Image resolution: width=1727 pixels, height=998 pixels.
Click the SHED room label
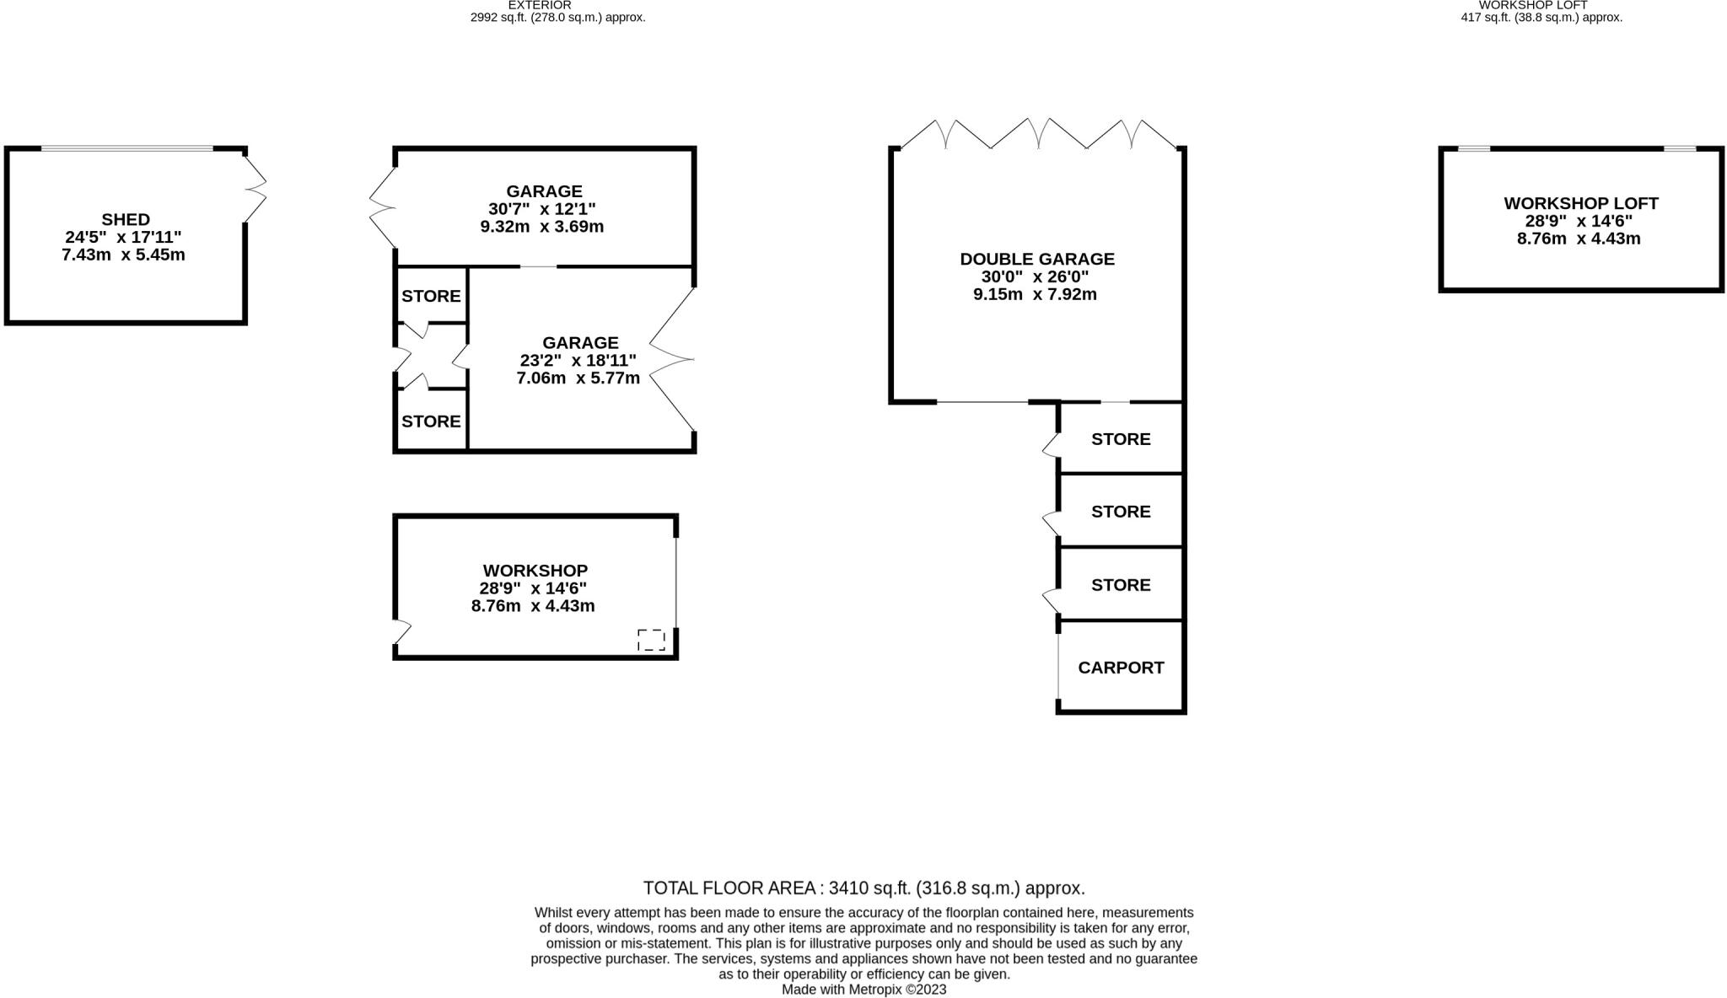pyautogui.click(x=126, y=219)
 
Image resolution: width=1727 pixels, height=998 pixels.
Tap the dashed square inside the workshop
pyautogui.click(x=651, y=640)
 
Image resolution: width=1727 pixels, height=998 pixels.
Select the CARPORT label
pyautogui.click(x=1121, y=668)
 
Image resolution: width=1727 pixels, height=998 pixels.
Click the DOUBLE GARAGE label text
pyautogui.click(x=1037, y=259)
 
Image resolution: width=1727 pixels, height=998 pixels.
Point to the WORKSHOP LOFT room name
pyautogui.click(x=1580, y=203)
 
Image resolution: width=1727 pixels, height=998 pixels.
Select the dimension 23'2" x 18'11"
pyautogui.click(x=578, y=361)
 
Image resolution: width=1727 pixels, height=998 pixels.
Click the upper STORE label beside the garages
pyautogui.click(x=431, y=296)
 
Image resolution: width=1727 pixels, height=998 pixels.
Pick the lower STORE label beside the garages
pyautogui.click(x=431, y=421)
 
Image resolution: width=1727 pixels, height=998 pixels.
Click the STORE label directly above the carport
pyautogui.click(x=1121, y=585)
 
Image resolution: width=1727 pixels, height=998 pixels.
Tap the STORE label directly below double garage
pyautogui.click(x=1121, y=439)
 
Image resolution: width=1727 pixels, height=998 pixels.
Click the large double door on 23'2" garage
pyautogui.click(x=673, y=360)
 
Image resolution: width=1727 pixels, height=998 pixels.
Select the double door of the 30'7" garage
pyautogui.click(x=382, y=207)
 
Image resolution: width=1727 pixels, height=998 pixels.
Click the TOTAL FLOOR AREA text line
pyautogui.click(x=863, y=888)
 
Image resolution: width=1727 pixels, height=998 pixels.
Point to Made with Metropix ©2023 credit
pyautogui.click(x=863, y=990)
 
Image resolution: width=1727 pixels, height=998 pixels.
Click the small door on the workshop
pyautogui.click(x=401, y=631)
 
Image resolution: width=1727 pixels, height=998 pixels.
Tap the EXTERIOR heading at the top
pyautogui.click(x=539, y=5)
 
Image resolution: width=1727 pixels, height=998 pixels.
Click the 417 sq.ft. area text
pyautogui.click(x=1541, y=17)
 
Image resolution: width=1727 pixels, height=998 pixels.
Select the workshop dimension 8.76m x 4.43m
pyautogui.click(x=533, y=606)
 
